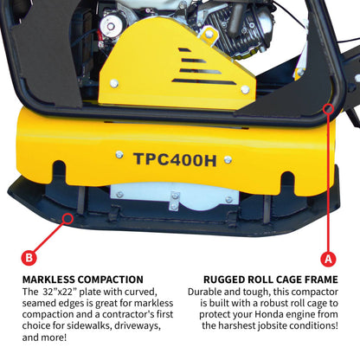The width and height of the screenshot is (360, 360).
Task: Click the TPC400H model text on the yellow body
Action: coord(176,158)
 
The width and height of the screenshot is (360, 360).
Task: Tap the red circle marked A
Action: coord(327,257)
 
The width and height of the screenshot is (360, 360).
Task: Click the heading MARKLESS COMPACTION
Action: coord(83,280)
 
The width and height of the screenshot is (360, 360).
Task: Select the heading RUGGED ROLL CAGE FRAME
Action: coord(270,280)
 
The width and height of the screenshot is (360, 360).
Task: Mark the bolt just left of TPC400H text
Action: coord(119,154)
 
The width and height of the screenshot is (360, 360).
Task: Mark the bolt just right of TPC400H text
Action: coord(228,159)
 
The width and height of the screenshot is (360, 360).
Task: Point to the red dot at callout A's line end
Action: coord(328,108)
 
